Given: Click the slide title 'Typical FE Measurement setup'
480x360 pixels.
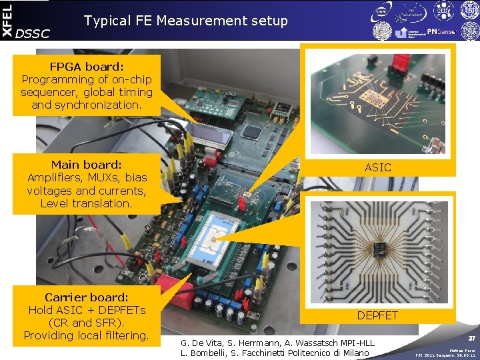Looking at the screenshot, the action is (186, 21).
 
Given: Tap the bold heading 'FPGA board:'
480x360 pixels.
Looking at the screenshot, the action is (87, 67).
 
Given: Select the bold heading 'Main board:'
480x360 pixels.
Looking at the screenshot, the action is (87, 164).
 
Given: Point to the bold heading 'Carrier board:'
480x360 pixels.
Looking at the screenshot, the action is (87, 297).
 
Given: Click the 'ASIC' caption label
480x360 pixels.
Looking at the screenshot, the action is (378, 167).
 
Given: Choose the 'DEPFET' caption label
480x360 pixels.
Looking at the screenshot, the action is (378, 315).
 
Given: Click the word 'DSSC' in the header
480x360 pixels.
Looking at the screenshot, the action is (32, 33).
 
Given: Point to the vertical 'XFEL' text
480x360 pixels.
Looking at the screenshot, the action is (7, 20).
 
